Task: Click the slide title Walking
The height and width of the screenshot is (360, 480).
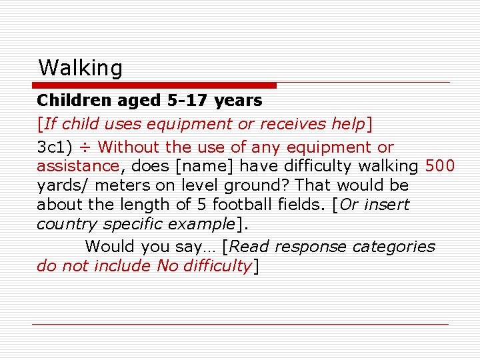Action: (x=81, y=68)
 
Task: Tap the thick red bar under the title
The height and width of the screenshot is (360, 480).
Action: (x=155, y=85)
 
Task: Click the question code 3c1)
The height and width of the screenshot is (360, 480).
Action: (x=55, y=147)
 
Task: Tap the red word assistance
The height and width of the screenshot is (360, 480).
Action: (x=77, y=166)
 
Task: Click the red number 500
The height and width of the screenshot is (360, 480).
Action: (x=440, y=166)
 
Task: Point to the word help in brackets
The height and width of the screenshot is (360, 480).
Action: (x=349, y=124)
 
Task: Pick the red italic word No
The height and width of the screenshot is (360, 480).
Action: (x=167, y=266)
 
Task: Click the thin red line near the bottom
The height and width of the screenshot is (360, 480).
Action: (x=240, y=325)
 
